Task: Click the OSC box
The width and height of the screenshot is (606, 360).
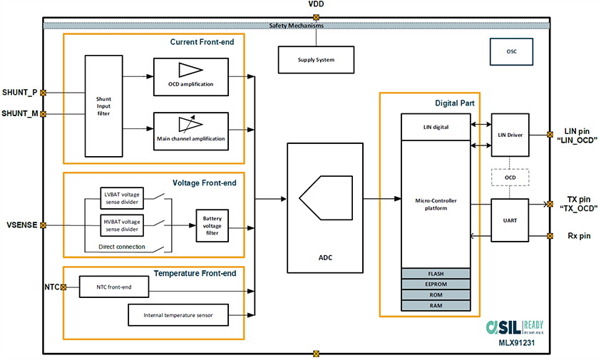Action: [510, 51]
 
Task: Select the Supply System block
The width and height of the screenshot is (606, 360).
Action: [315, 59]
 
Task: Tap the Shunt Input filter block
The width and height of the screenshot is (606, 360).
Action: [104, 106]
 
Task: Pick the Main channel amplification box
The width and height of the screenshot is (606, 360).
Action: [190, 130]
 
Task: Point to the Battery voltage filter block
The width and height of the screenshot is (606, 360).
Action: [212, 225]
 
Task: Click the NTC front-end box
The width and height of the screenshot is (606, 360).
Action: [114, 287]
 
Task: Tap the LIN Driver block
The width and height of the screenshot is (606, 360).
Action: [510, 134]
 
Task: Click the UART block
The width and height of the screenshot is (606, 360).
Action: [510, 220]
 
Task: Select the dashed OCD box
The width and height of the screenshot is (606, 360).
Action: [510, 178]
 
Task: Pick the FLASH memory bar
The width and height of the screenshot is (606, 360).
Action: [436, 273]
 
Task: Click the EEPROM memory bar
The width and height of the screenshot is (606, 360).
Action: [436, 284]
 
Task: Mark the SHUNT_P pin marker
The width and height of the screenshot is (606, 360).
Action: [44, 93]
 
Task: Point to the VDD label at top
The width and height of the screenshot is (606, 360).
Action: [317, 5]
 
